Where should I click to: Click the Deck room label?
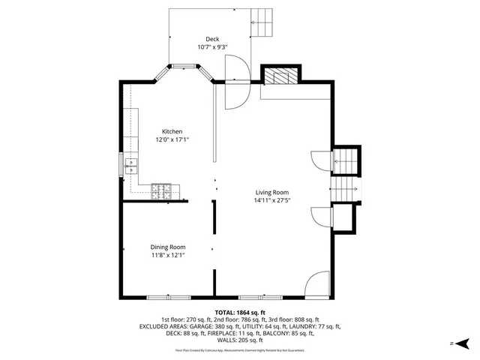pyautogui.click(x=212, y=39)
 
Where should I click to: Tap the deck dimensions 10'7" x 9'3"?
pyautogui.click(x=212, y=47)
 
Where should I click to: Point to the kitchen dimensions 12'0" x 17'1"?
pyautogui.click(x=172, y=139)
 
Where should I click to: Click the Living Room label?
pyautogui.click(x=271, y=192)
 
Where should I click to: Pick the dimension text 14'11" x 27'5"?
pyautogui.click(x=271, y=200)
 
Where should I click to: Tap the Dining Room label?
pyautogui.click(x=167, y=247)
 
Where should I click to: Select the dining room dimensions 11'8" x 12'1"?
pyautogui.click(x=167, y=255)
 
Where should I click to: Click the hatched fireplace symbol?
pyautogui.click(x=280, y=76)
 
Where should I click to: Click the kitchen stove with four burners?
pyautogui.click(x=161, y=192)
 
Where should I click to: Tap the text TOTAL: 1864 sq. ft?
pyautogui.click(x=240, y=312)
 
